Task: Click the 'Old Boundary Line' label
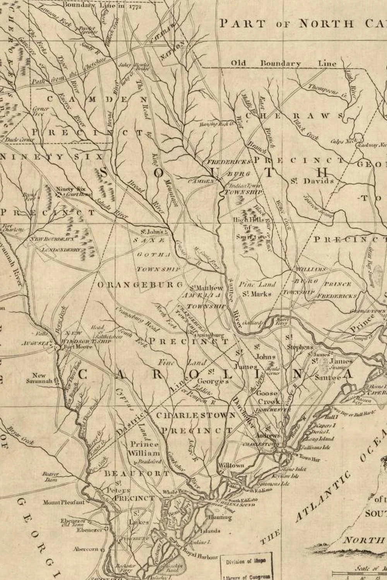click(284, 63)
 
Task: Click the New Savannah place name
click(39, 378)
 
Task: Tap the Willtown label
click(231, 465)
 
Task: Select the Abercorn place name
click(84, 549)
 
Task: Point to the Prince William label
click(144, 449)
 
